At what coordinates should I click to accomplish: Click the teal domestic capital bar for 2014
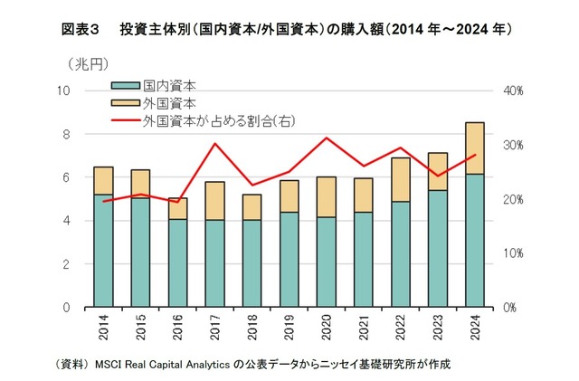[103, 251]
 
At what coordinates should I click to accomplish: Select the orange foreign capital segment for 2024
[475, 148]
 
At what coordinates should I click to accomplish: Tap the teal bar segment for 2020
[327, 262]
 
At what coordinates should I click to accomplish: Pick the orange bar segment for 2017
[214, 201]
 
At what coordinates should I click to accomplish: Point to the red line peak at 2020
[327, 138]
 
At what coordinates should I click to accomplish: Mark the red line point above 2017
[214, 144]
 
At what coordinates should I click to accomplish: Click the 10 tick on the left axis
[64, 90]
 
